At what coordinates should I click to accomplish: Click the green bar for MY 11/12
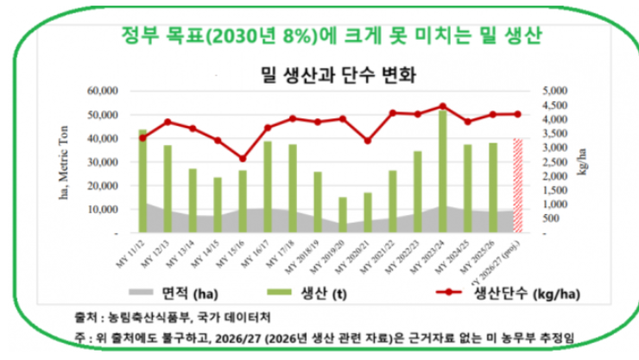coord(142,180)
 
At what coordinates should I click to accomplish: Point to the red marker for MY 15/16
coord(243,159)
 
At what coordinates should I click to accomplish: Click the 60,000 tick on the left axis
coord(102,91)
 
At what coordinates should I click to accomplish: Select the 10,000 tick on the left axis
coord(102,209)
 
